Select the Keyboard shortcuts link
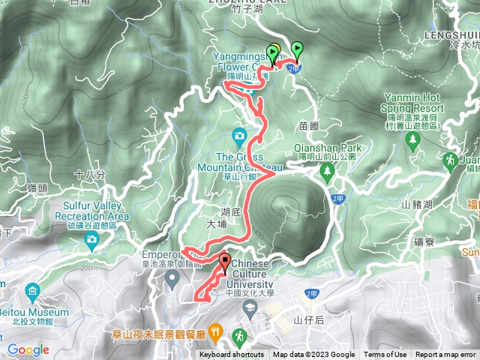coord(232,355)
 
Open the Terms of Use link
coord(385,355)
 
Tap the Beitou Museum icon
coord(32,290)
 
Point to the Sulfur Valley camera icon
coord(91,241)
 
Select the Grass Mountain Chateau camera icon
coord(239,136)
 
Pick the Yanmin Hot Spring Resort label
coord(413,103)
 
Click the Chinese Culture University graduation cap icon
coord(248,307)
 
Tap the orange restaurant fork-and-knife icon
coord(216,330)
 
